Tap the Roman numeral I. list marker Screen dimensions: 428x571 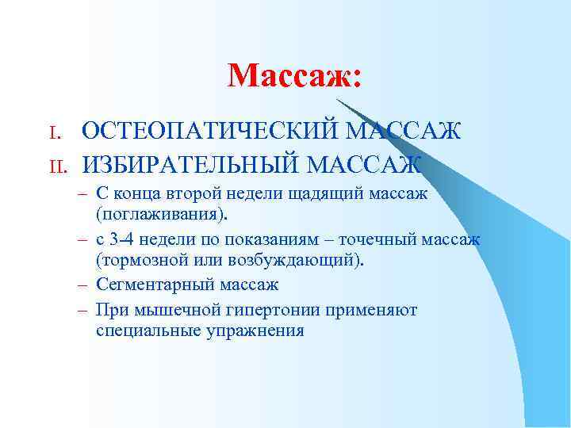53,132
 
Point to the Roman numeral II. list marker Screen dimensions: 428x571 56,166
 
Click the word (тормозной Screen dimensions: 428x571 144,260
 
